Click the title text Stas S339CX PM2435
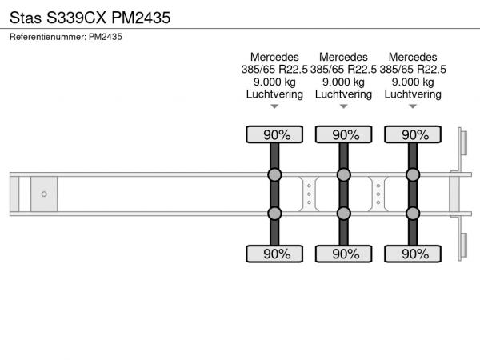90,18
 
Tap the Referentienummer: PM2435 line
66,37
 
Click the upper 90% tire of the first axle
274,134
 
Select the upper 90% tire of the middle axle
343,134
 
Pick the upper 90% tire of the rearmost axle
413,134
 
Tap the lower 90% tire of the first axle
274,254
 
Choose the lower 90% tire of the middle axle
343,254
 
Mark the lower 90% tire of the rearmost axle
413,254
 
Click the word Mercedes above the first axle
274,57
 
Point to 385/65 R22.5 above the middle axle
343,70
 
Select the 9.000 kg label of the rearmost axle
413,82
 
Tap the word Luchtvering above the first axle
274,94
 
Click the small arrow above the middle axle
343,106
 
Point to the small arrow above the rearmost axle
413,106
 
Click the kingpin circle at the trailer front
44,194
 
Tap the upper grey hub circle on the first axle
274,174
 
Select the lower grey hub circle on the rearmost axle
413,214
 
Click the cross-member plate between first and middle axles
309,194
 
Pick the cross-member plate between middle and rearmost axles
378,194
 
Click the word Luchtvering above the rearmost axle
413,94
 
